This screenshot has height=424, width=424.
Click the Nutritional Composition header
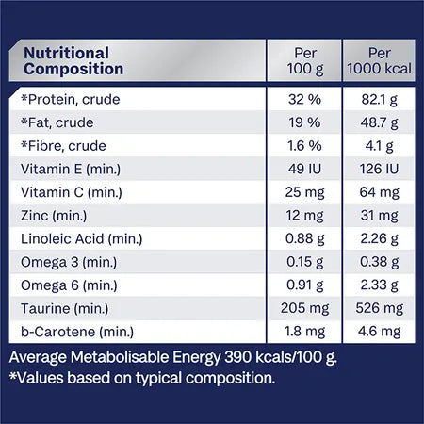click(73, 60)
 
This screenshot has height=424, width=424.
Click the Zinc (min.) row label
click(54, 216)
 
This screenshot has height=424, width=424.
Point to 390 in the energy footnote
click(238, 359)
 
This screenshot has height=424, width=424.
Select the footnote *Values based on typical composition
click(141, 379)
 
